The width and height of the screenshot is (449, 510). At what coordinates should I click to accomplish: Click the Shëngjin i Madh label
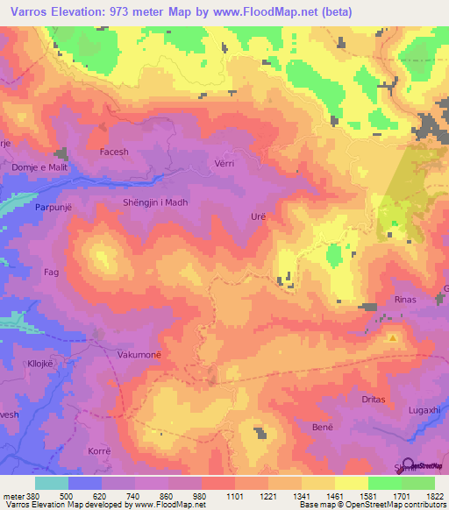pyautogui.click(x=154, y=202)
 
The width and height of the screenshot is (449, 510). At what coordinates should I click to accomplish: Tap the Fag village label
pyautogui.click(x=51, y=273)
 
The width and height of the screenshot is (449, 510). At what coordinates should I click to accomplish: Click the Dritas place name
pyautogui.click(x=374, y=399)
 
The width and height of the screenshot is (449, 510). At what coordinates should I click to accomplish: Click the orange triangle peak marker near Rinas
pyautogui.click(x=393, y=337)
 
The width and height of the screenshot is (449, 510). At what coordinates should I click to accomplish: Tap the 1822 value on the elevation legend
pyautogui.click(x=434, y=495)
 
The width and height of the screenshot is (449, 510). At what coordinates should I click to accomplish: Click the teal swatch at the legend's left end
pyautogui.click(x=52, y=483)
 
